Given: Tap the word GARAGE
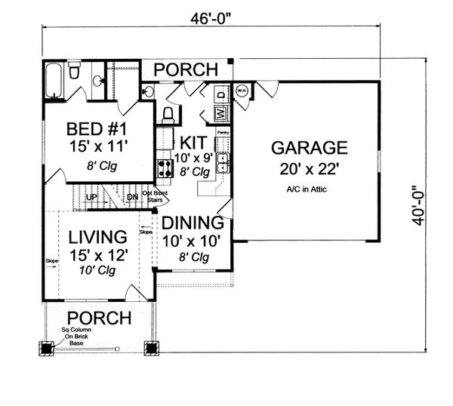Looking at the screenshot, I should [310, 147].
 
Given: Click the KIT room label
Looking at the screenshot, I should [192, 143].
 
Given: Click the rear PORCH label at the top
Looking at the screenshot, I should [186, 70].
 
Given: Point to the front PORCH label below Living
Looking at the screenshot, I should [99, 317].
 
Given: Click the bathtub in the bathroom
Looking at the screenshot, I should [54, 82].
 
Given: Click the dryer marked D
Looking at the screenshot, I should [221, 95].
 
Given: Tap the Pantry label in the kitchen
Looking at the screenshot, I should [223, 132].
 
